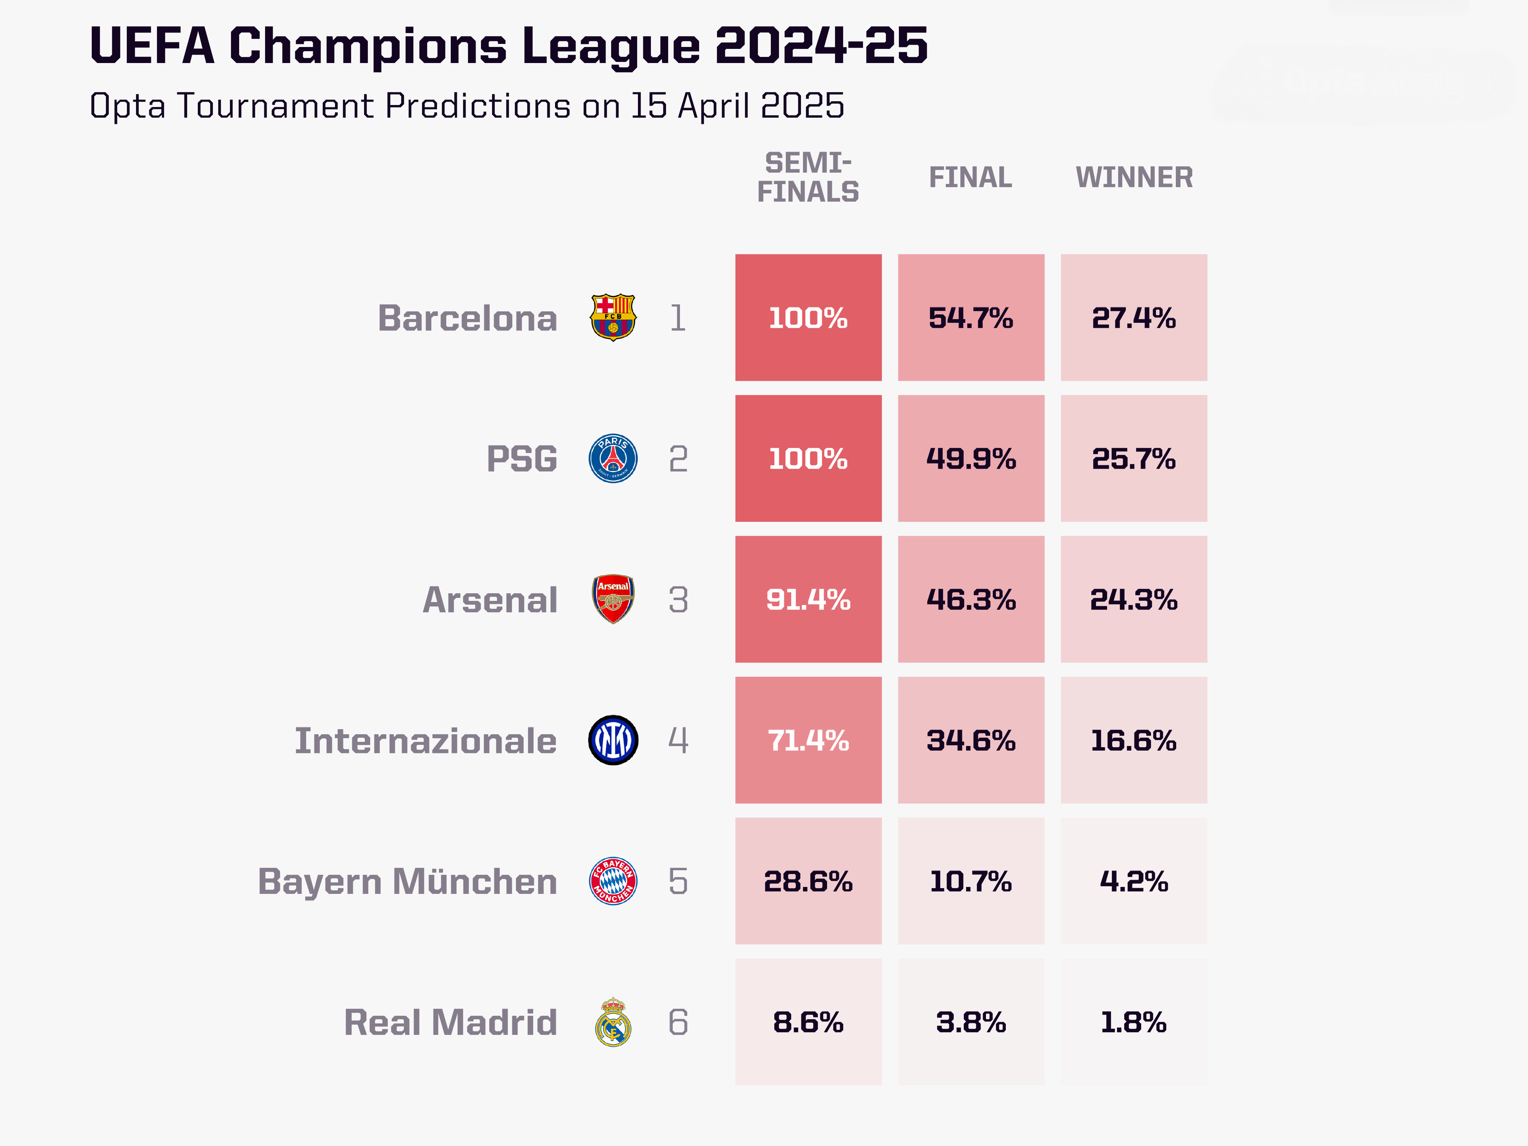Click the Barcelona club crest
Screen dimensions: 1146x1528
(x=613, y=318)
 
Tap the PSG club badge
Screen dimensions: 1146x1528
(x=613, y=459)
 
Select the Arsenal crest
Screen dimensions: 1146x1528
(x=613, y=599)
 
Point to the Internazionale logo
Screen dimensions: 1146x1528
(x=613, y=740)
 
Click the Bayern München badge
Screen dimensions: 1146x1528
(x=613, y=881)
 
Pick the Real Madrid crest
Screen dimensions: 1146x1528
(x=613, y=1022)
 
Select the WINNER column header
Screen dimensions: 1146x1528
(x=1133, y=178)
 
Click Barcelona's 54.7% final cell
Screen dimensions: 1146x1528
(x=971, y=318)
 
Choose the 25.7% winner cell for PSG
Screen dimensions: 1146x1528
(x=1133, y=459)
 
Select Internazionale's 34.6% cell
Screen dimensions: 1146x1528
(x=971, y=740)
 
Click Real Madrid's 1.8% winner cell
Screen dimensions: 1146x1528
(x=1133, y=1022)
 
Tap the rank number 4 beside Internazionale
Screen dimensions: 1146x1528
(x=678, y=740)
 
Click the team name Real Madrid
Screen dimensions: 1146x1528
(x=450, y=1022)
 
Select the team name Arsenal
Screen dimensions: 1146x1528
(x=490, y=599)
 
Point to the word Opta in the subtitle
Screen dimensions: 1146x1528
(x=127, y=106)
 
